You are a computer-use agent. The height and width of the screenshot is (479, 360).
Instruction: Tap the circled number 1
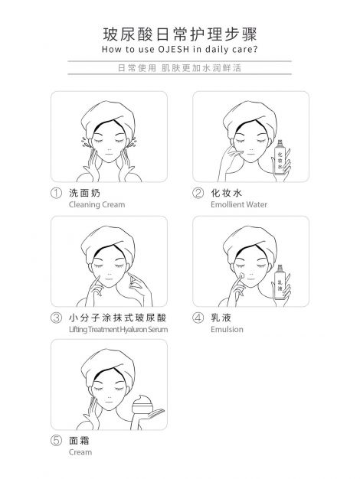click(x=56, y=194)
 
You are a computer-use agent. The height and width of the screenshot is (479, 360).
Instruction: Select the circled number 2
click(x=198, y=193)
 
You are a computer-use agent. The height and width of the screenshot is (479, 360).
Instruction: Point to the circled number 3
click(x=56, y=318)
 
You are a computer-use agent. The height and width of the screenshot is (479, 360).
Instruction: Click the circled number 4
click(x=198, y=318)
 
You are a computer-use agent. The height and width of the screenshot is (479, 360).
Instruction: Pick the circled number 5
click(x=56, y=441)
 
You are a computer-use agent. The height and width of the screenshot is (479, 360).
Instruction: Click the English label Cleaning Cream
click(x=97, y=204)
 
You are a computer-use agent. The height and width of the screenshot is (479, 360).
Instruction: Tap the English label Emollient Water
click(x=239, y=204)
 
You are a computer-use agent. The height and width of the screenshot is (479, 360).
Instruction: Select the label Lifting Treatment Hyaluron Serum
click(x=119, y=330)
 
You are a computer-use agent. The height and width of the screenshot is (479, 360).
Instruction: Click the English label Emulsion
click(x=227, y=330)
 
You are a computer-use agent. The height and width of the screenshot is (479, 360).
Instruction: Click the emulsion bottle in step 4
click(x=280, y=282)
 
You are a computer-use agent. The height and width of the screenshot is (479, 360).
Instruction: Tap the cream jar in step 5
click(x=142, y=405)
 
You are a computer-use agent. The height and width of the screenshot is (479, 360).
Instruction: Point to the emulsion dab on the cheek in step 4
click(x=241, y=275)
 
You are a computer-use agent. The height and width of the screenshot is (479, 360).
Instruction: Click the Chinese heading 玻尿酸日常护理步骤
click(x=180, y=34)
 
